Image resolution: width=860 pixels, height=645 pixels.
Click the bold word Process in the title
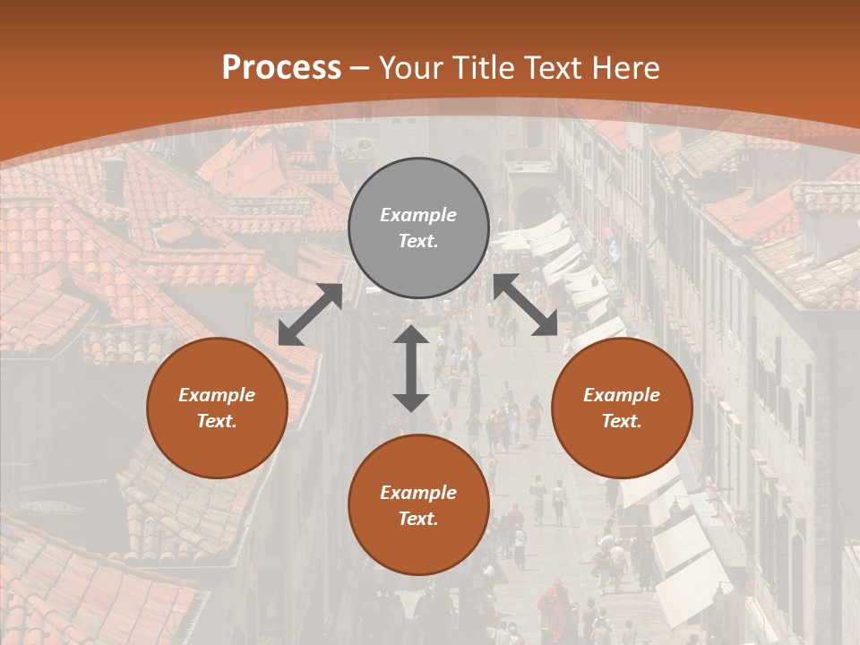[x=281, y=68]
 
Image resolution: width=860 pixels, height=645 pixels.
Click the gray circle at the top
[x=418, y=228]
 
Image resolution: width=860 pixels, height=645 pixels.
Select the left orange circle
[x=217, y=408]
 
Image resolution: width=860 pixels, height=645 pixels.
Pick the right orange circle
[x=622, y=408]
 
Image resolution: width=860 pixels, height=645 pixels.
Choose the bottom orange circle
[x=418, y=505]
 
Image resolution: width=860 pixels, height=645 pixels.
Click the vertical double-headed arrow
[x=411, y=368]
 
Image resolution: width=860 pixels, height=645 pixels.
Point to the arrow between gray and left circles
[x=310, y=314]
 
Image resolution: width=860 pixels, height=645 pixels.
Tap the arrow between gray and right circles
[x=526, y=305]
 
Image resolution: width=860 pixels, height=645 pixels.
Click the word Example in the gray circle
[x=418, y=215]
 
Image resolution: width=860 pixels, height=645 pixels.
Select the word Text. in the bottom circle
[x=418, y=519]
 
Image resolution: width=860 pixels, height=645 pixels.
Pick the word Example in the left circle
[x=217, y=395]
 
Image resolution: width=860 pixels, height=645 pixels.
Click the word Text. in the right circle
[x=622, y=421]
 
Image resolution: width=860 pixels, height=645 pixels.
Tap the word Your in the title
[x=410, y=68]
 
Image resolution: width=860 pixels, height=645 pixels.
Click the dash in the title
[x=360, y=68]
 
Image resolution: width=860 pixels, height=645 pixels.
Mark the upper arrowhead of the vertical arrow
[x=411, y=335]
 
